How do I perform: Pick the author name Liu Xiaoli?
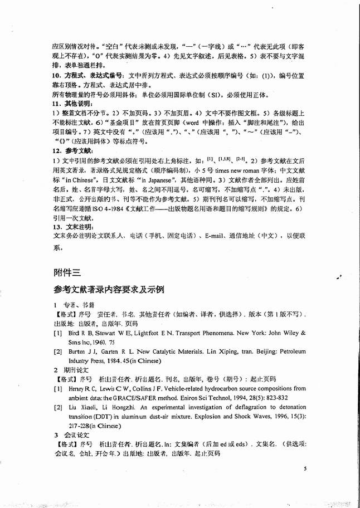coord(81,408)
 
